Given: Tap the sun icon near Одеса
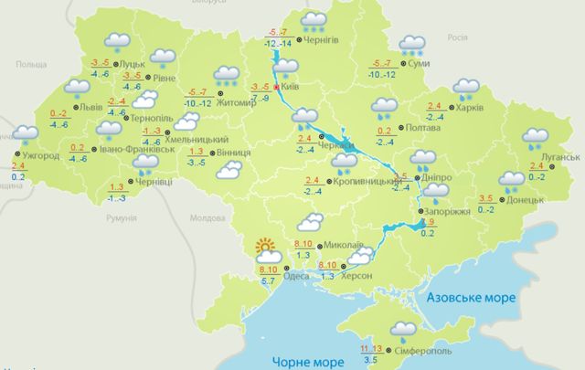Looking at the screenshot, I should tap(266, 247).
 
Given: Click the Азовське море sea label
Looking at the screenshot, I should tap(469, 297).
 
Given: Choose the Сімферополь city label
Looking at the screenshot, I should tap(424, 351).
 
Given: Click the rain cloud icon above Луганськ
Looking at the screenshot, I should tap(537, 138).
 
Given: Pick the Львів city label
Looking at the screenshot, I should tap(93, 107).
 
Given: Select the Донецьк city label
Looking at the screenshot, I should tap(530, 197).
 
